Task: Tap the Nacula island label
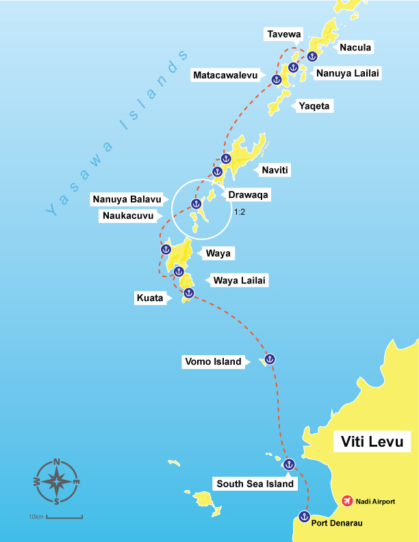pyautogui.click(x=355, y=47)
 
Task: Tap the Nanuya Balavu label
pyautogui.click(x=127, y=200)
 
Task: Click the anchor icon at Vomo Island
pyautogui.click(x=270, y=359)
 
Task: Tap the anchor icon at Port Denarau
pyautogui.click(x=305, y=516)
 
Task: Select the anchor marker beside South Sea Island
pyautogui.click(x=288, y=464)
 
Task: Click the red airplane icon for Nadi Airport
pyautogui.click(x=348, y=502)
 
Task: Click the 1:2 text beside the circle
pyautogui.click(x=240, y=213)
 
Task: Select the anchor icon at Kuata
pyautogui.click(x=189, y=293)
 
